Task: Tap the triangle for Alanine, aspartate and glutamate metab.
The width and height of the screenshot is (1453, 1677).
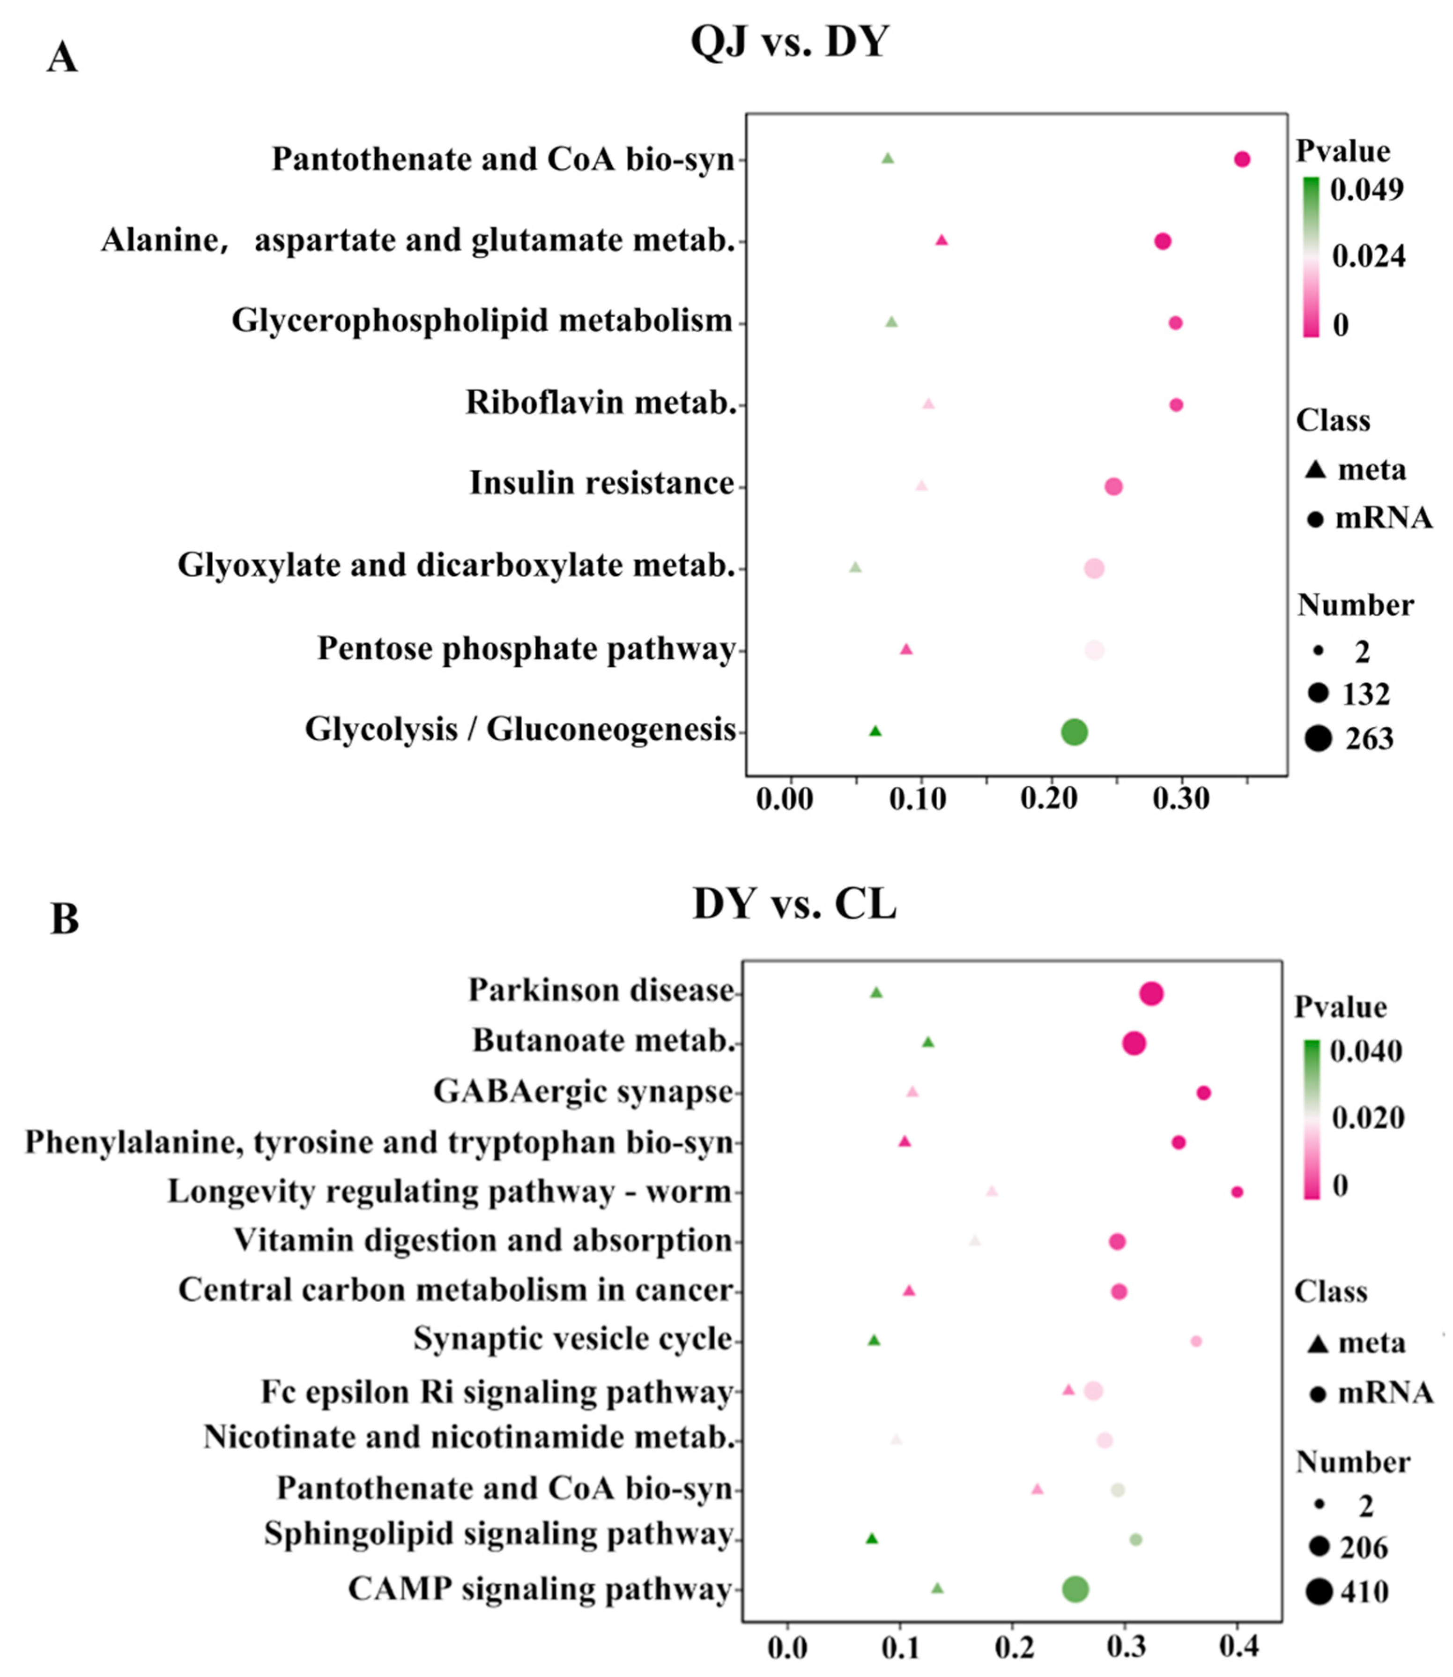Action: (941, 240)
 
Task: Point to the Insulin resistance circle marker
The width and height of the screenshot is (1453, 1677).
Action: (1113, 486)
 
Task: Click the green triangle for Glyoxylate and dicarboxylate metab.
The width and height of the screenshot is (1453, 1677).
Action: (855, 567)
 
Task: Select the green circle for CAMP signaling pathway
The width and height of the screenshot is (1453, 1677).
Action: (1075, 1589)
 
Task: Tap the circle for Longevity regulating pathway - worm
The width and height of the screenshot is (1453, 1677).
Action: (1237, 1192)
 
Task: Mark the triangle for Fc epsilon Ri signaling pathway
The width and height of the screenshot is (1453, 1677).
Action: (1068, 1390)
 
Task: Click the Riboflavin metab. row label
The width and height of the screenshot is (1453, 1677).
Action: (601, 402)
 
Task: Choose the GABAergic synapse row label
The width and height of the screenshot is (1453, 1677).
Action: (583, 1091)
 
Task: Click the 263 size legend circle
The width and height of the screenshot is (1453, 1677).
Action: (1319, 739)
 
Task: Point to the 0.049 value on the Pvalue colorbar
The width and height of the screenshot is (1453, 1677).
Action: (1367, 189)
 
